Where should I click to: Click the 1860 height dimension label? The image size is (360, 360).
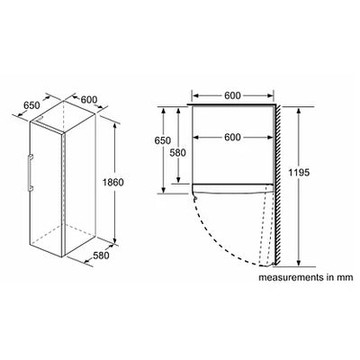pos(113,182)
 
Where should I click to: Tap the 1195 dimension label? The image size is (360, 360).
pos(299,173)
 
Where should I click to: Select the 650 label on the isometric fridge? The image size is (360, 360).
pos(31,105)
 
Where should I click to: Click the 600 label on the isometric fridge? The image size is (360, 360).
pos(89,99)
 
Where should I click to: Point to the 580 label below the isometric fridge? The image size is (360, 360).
pos(101,256)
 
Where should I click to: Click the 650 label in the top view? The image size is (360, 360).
pos(163,140)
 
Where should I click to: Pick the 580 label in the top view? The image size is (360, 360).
pos(178,153)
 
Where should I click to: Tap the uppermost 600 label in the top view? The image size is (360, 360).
pos(232,95)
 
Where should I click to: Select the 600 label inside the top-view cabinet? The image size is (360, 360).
pos(232,137)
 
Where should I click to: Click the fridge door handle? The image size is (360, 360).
pos(30,173)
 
